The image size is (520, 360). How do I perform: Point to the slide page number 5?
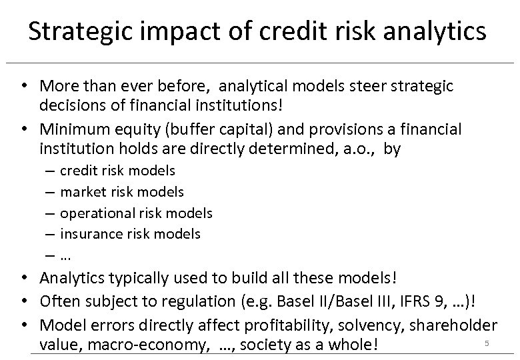(x=487, y=343)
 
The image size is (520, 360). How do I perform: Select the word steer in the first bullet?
(x=357, y=86)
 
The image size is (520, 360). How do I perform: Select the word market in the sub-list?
(x=82, y=192)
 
